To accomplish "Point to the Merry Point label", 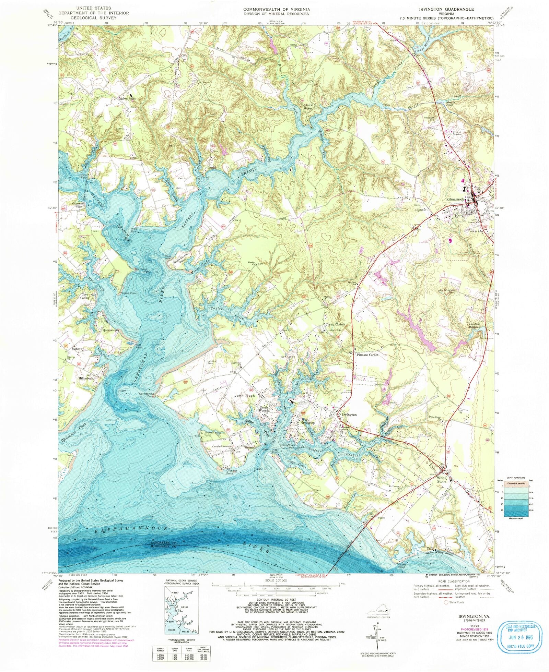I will [127, 99].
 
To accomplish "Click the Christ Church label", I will [335, 324].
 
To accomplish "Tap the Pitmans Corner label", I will [367, 355].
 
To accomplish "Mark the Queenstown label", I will [111, 330].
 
